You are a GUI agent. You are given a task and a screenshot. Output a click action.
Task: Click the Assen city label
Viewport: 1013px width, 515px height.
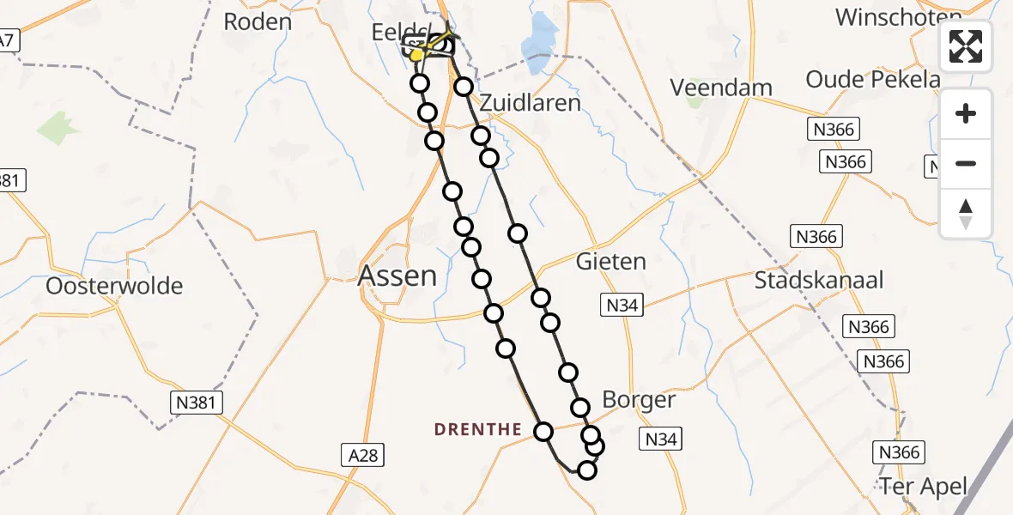397,276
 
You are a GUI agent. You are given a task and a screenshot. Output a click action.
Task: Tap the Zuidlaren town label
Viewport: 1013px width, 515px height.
530,103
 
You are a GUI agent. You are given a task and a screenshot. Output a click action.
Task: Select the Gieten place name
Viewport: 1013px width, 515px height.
611,260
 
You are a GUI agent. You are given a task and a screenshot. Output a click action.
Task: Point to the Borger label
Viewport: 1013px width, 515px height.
639,399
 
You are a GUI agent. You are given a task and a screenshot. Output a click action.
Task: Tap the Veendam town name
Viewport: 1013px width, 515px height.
721,87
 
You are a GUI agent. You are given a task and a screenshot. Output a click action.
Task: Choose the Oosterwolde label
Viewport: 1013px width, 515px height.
114,286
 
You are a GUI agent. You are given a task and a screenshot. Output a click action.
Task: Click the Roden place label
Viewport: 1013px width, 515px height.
258,21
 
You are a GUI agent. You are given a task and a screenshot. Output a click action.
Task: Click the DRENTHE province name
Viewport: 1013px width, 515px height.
477,428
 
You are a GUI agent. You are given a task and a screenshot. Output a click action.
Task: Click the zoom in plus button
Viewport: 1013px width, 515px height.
966,113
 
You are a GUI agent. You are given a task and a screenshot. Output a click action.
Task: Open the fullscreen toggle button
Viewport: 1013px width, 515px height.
966,46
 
